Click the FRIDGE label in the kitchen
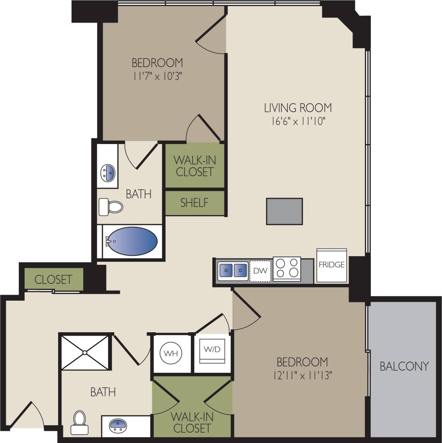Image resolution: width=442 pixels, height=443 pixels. [331, 265]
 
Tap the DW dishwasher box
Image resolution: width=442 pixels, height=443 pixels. [260, 270]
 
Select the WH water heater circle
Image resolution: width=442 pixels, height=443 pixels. [171, 353]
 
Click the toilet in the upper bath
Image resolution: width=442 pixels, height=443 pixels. [111, 207]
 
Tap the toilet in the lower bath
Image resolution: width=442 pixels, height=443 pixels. [79, 422]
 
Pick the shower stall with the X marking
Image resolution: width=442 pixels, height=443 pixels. [85, 352]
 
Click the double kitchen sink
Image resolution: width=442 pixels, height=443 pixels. [233, 270]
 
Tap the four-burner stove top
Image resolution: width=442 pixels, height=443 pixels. [287, 268]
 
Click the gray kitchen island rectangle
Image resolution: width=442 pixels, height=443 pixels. [284, 211]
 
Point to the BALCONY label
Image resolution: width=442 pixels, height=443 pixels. [404, 366]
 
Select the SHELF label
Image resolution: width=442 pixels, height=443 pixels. [194, 202]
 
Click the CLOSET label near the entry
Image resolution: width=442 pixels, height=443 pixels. [53, 279]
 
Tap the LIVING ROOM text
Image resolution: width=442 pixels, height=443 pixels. [298, 108]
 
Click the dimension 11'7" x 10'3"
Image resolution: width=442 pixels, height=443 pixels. [157, 76]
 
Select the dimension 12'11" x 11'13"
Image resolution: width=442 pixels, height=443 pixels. [302, 375]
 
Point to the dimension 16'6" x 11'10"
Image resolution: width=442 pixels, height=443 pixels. [298, 121]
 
